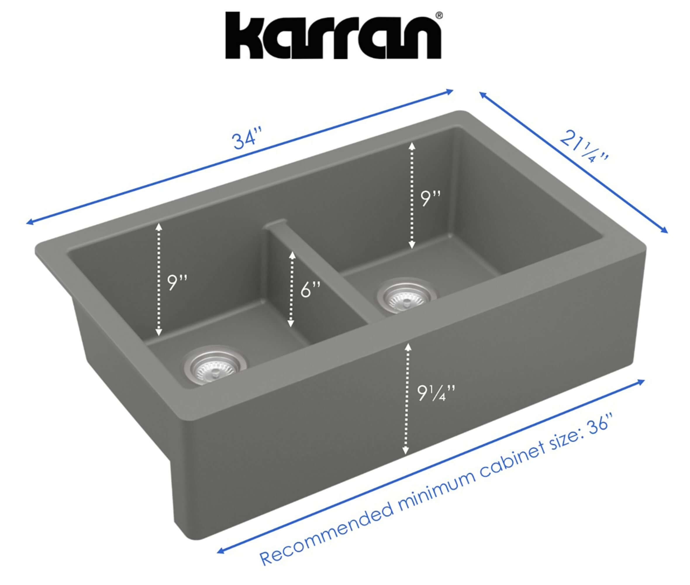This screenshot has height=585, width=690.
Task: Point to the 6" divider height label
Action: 310,289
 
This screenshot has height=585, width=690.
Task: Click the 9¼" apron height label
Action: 435,394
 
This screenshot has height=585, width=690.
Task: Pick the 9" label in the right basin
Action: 430,198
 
